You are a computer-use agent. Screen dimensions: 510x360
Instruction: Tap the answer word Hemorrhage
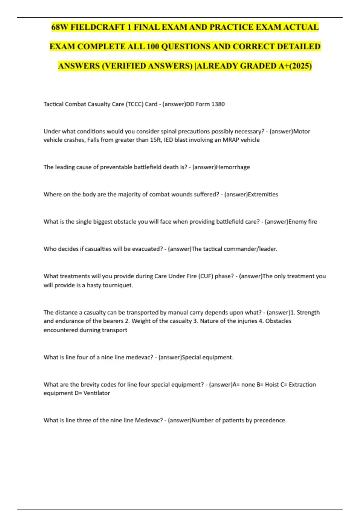(x=233, y=167)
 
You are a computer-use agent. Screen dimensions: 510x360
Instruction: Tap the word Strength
(x=308, y=313)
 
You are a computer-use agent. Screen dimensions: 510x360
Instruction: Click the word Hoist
(x=272, y=385)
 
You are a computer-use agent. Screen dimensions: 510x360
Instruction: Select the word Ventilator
(x=97, y=393)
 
